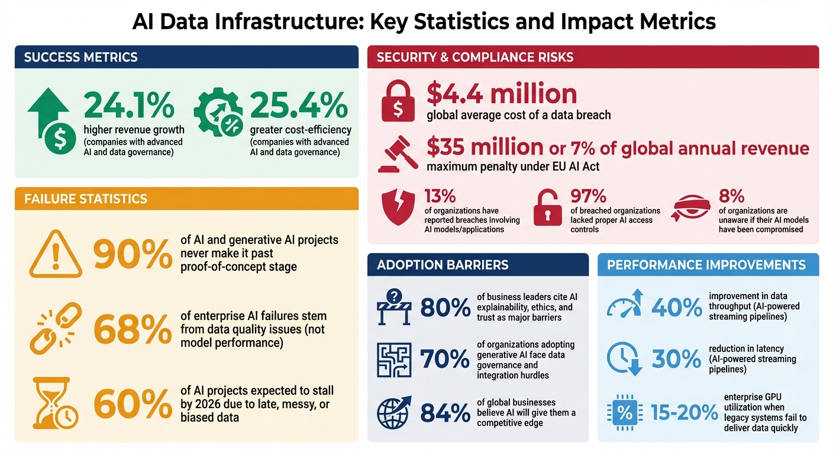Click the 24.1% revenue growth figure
[129, 105]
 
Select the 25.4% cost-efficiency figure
[299, 105]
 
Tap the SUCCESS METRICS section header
[80, 57]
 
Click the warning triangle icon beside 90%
[55, 254]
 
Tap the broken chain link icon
[55, 329]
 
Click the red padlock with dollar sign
[398, 101]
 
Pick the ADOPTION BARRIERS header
[443, 265]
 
